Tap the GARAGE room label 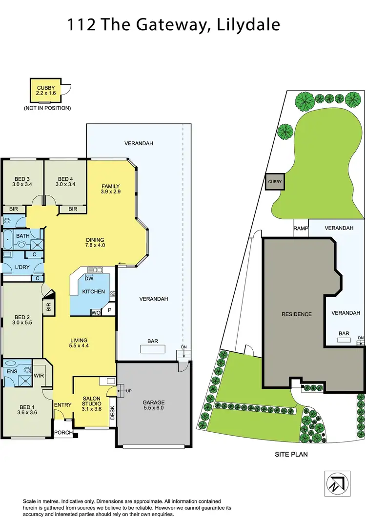pos(154,402)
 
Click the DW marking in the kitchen pos(89,279)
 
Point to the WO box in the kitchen pos(96,312)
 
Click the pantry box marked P pos(109,309)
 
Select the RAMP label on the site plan pos(300,228)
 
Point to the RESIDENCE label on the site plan pos(296,314)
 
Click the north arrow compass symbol pos(338,483)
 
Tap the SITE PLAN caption pos(291,454)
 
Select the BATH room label pos(22,236)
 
